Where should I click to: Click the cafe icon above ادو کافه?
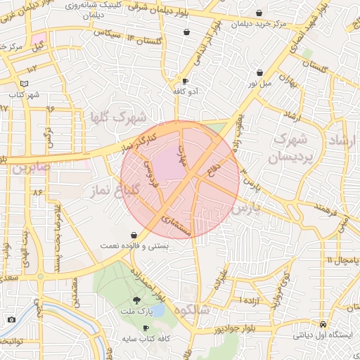pyautogui.click(x=185, y=81)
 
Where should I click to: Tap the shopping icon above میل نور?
pyautogui.click(x=260, y=72)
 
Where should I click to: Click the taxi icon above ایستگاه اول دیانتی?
pyautogui.click(x=321, y=325)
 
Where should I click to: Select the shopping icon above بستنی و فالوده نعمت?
pyautogui.click(x=134, y=235)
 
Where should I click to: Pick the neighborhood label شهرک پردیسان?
pyautogui.click(x=288, y=143)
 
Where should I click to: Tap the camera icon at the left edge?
pyautogui.click(x=11, y=320)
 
